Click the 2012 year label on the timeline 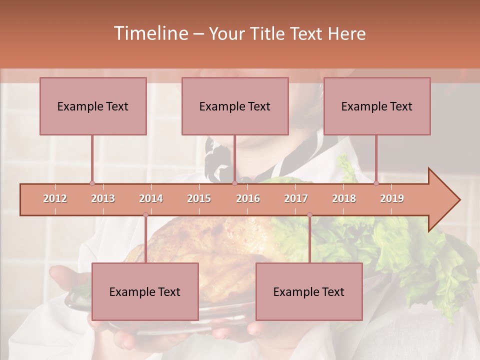click(55, 198)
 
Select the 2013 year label click(103, 198)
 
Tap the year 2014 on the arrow click(151, 198)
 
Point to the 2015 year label click(199, 198)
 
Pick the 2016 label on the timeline click(248, 198)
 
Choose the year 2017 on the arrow click(296, 198)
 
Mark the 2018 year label click(344, 198)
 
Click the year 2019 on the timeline click(392, 198)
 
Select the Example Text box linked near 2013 click(93, 106)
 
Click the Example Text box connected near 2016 click(235, 106)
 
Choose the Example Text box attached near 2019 click(377, 106)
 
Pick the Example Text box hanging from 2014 click(145, 291)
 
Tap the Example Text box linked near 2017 click(309, 291)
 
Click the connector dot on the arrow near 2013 click(92, 183)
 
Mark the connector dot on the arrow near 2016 click(235, 183)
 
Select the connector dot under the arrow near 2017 click(309, 215)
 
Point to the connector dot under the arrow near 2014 click(145, 215)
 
